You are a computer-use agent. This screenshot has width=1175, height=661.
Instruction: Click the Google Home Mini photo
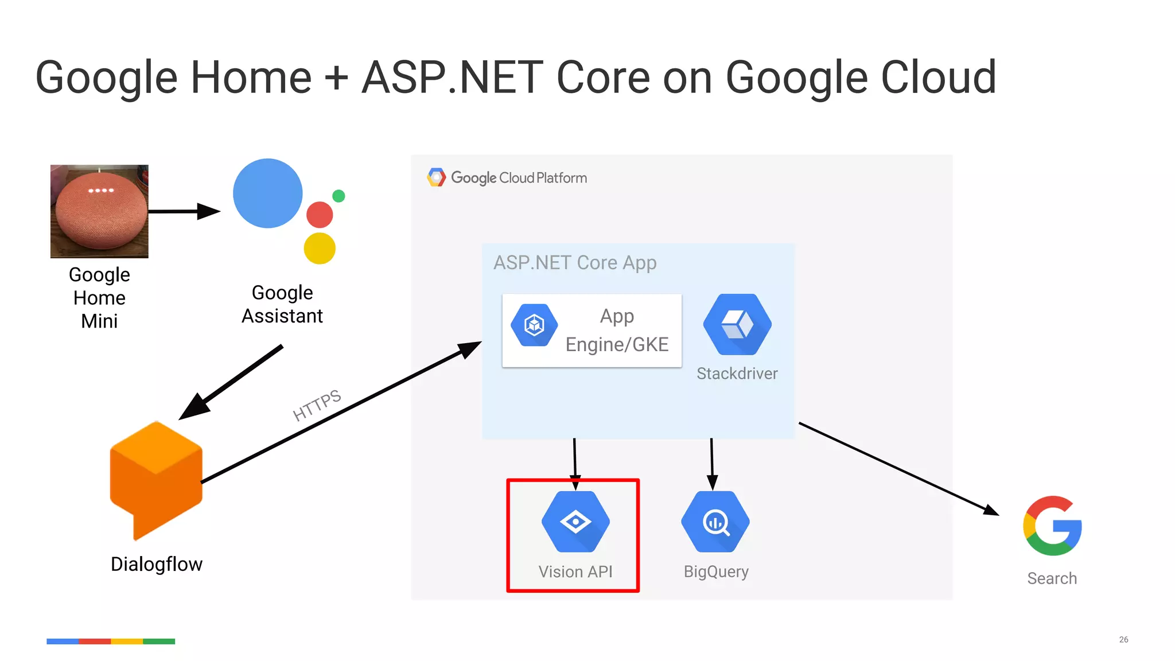tap(99, 211)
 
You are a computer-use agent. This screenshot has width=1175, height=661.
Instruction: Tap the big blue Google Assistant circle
tap(267, 193)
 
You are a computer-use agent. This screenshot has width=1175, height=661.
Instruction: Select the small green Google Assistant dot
tap(339, 196)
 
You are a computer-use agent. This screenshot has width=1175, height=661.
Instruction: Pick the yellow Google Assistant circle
tap(320, 248)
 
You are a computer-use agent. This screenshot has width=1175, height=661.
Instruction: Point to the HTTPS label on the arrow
tap(317, 405)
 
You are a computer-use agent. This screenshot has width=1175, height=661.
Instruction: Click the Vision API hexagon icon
tap(575, 522)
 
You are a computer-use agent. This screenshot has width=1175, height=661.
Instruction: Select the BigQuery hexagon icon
tap(715, 522)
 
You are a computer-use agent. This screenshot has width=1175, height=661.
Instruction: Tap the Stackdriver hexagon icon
tap(737, 324)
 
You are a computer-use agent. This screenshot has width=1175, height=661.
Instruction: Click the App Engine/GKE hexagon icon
tap(534, 325)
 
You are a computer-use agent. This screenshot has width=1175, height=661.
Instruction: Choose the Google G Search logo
tap(1052, 526)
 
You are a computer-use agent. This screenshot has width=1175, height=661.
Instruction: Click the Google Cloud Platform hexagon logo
tap(436, 178)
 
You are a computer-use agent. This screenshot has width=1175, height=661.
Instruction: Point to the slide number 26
tap(1123, 639)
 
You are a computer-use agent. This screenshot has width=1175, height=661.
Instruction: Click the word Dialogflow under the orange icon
tap(157, 564)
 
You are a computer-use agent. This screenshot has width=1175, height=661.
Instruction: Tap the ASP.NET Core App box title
tap(575, 263)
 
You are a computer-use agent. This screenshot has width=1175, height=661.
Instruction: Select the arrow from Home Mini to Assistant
tap(184, 212)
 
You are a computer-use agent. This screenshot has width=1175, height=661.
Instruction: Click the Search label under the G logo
tap(1052, 578)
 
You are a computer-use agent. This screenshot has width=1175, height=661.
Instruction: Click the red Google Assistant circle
tap(320, 215)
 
